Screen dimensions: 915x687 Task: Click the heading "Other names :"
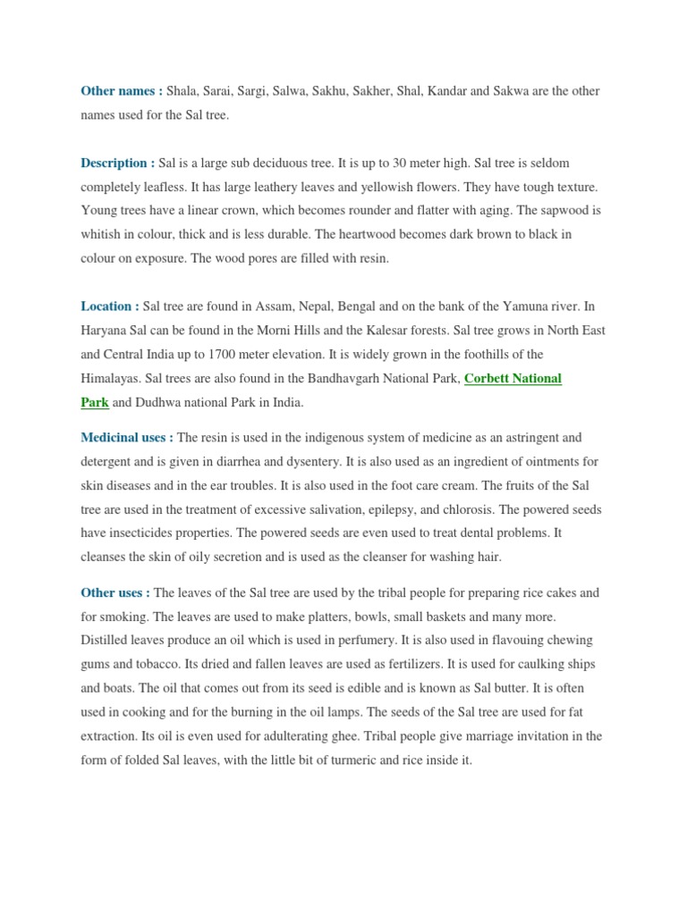pyautogui.click(x=122, y=91)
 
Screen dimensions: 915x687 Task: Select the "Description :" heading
pyautogui.click(x=117, y=163)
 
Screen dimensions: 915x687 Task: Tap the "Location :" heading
pyautogui.click(x=110, y=306)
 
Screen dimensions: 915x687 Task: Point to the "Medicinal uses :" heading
pyautogui.click(x=127, y=438)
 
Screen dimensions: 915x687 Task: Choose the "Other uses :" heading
pyautogui.click(x=115, y=592)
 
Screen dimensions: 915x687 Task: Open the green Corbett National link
pyautogui.click(x=513, y=379)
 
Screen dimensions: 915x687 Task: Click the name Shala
pyautogui.click(x=183, y=91)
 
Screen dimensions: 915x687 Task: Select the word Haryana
pyautogui.click(x=106, y=331)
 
